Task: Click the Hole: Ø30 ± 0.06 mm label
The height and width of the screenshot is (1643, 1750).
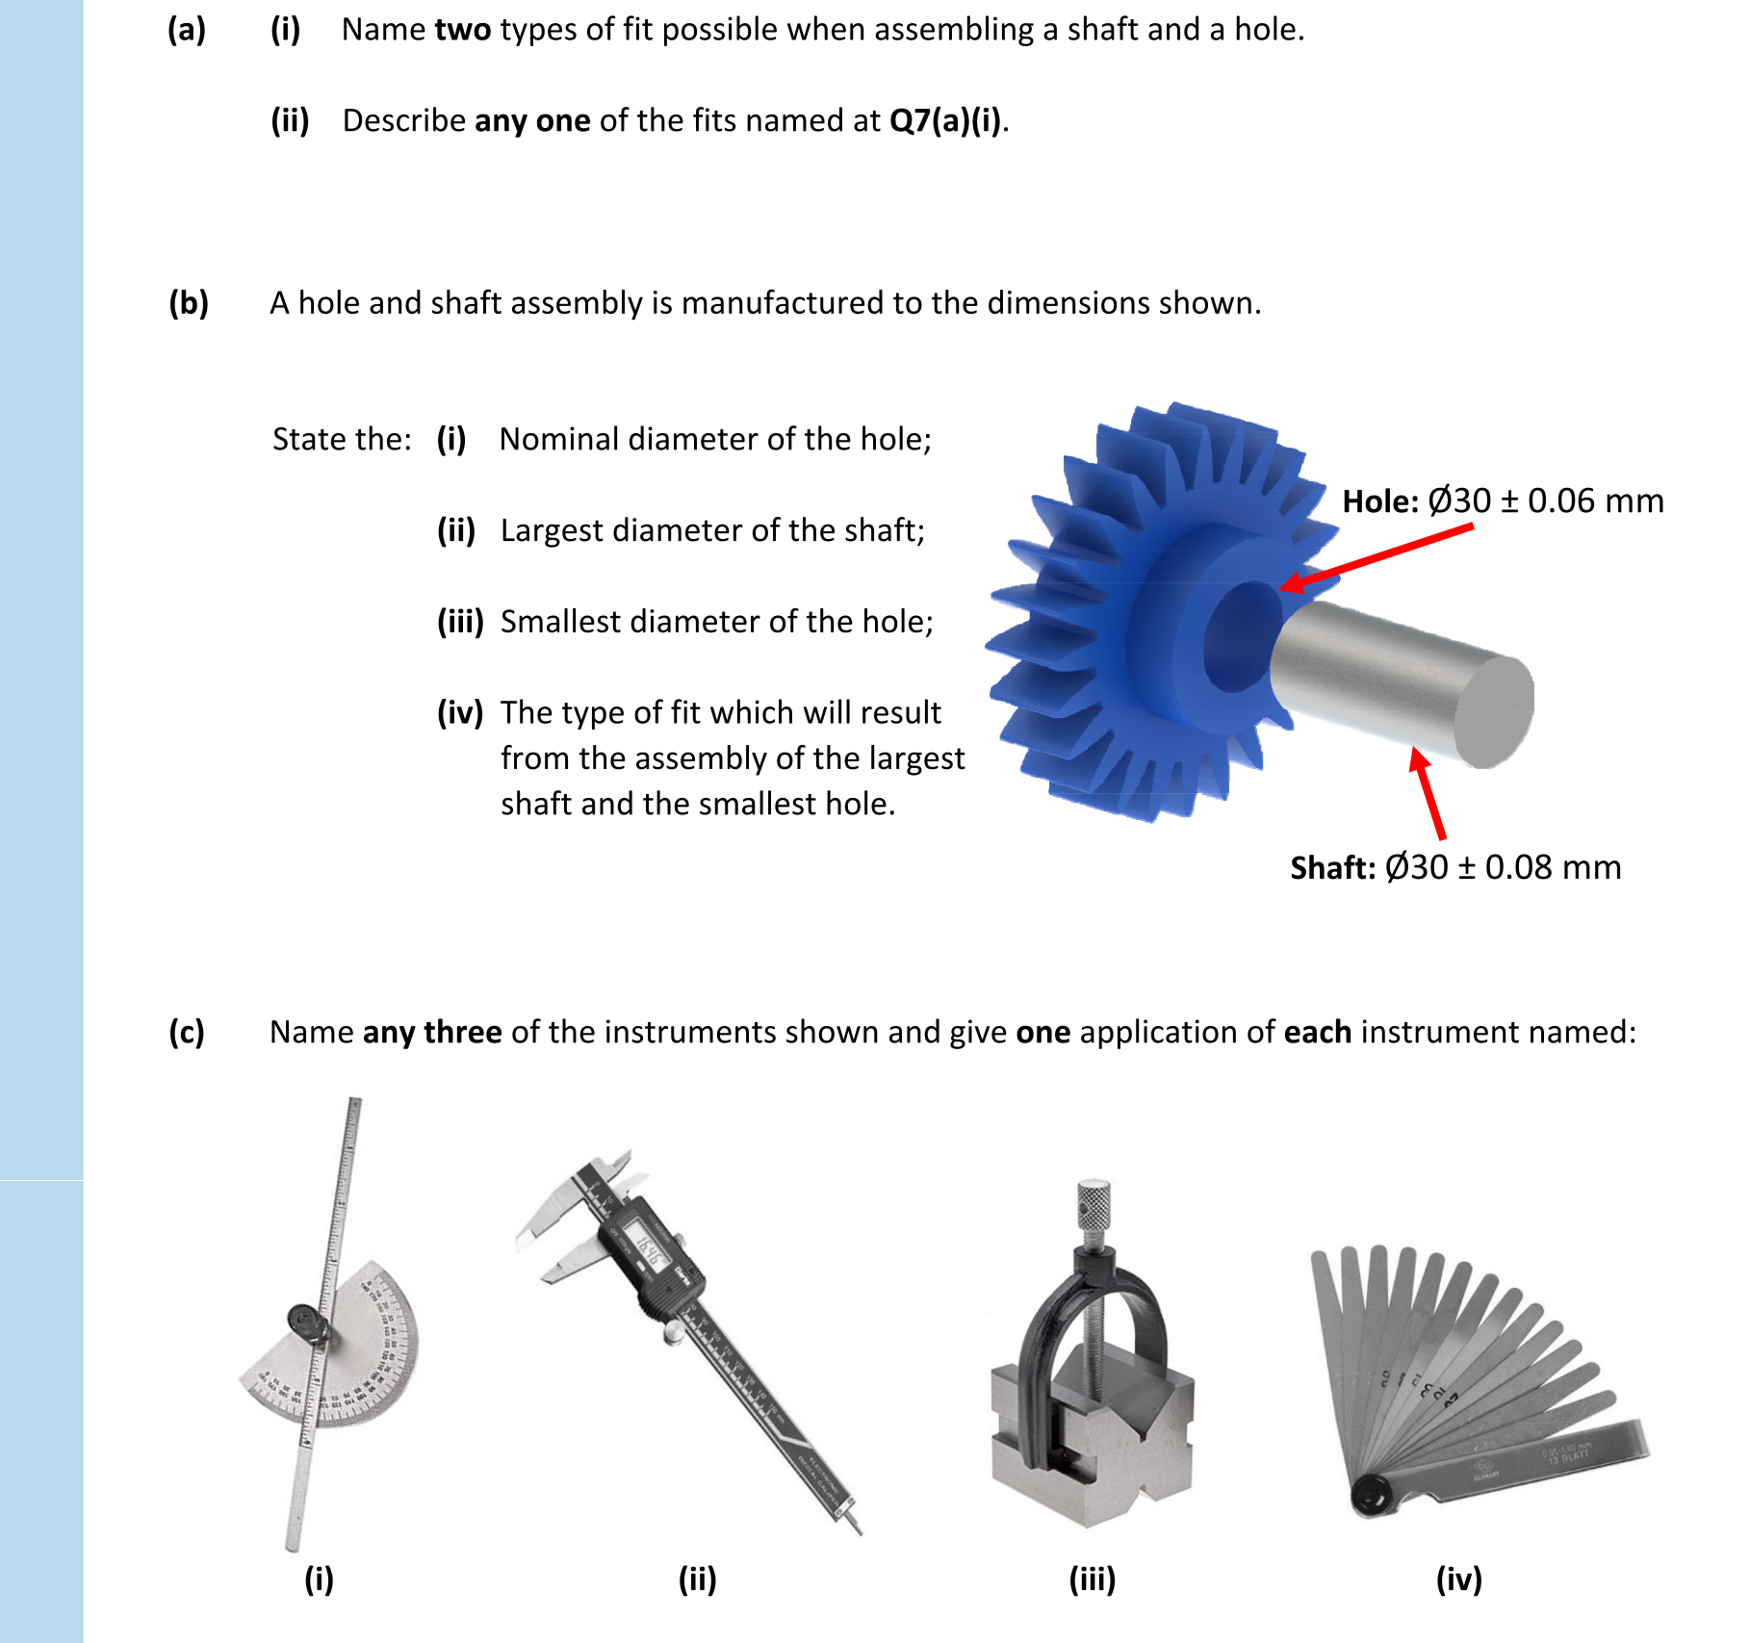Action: [x=1502, y=501]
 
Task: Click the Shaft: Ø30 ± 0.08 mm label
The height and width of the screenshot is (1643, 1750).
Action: [x=1454, y=867]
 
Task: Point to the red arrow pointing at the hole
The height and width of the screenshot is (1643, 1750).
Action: [x=1377, y=555]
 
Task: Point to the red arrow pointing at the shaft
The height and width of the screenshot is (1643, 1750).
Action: [x=1428, y=793]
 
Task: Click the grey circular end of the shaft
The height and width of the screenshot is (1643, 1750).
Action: [x=1493, y=712]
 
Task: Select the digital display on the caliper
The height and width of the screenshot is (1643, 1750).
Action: [x=641, y=1243]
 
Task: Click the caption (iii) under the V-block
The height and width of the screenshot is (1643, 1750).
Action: [x=1093, y=1579]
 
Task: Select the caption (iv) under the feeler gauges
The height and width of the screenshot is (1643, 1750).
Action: [x=1458, y=1579]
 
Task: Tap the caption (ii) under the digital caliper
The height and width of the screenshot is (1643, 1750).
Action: [x=697, y=1579]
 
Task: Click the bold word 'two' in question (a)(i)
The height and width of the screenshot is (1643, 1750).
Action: [x=462, y=30]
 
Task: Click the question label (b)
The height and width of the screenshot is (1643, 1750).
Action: [x=189, y=303]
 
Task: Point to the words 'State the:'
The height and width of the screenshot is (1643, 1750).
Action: [x=342, y=439]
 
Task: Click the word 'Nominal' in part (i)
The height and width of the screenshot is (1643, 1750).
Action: [x=558, y=439]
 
